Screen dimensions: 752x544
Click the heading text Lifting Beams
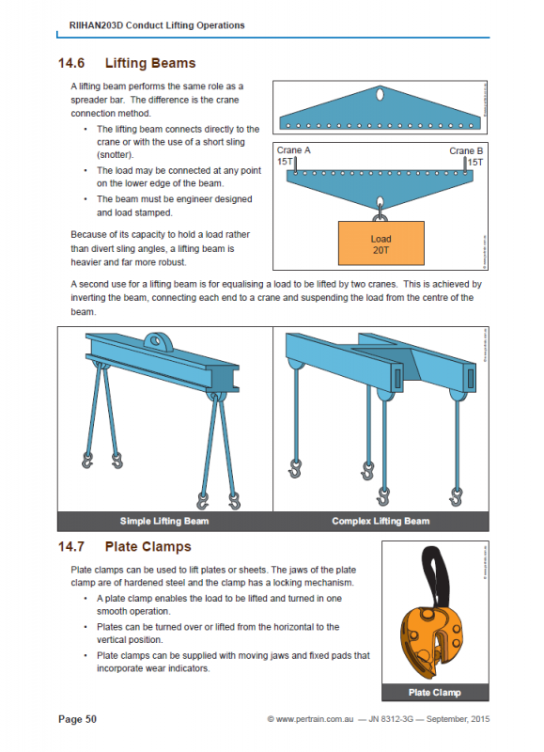150,63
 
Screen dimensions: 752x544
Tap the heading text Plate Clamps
148,546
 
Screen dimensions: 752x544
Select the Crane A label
293,150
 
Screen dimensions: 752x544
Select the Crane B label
467,150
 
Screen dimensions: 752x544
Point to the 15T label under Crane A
285,163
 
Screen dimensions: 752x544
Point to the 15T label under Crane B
474,163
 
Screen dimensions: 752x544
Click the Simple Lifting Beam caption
164,521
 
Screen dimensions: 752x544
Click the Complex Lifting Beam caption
381,521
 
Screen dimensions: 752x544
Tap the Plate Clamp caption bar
435,693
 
